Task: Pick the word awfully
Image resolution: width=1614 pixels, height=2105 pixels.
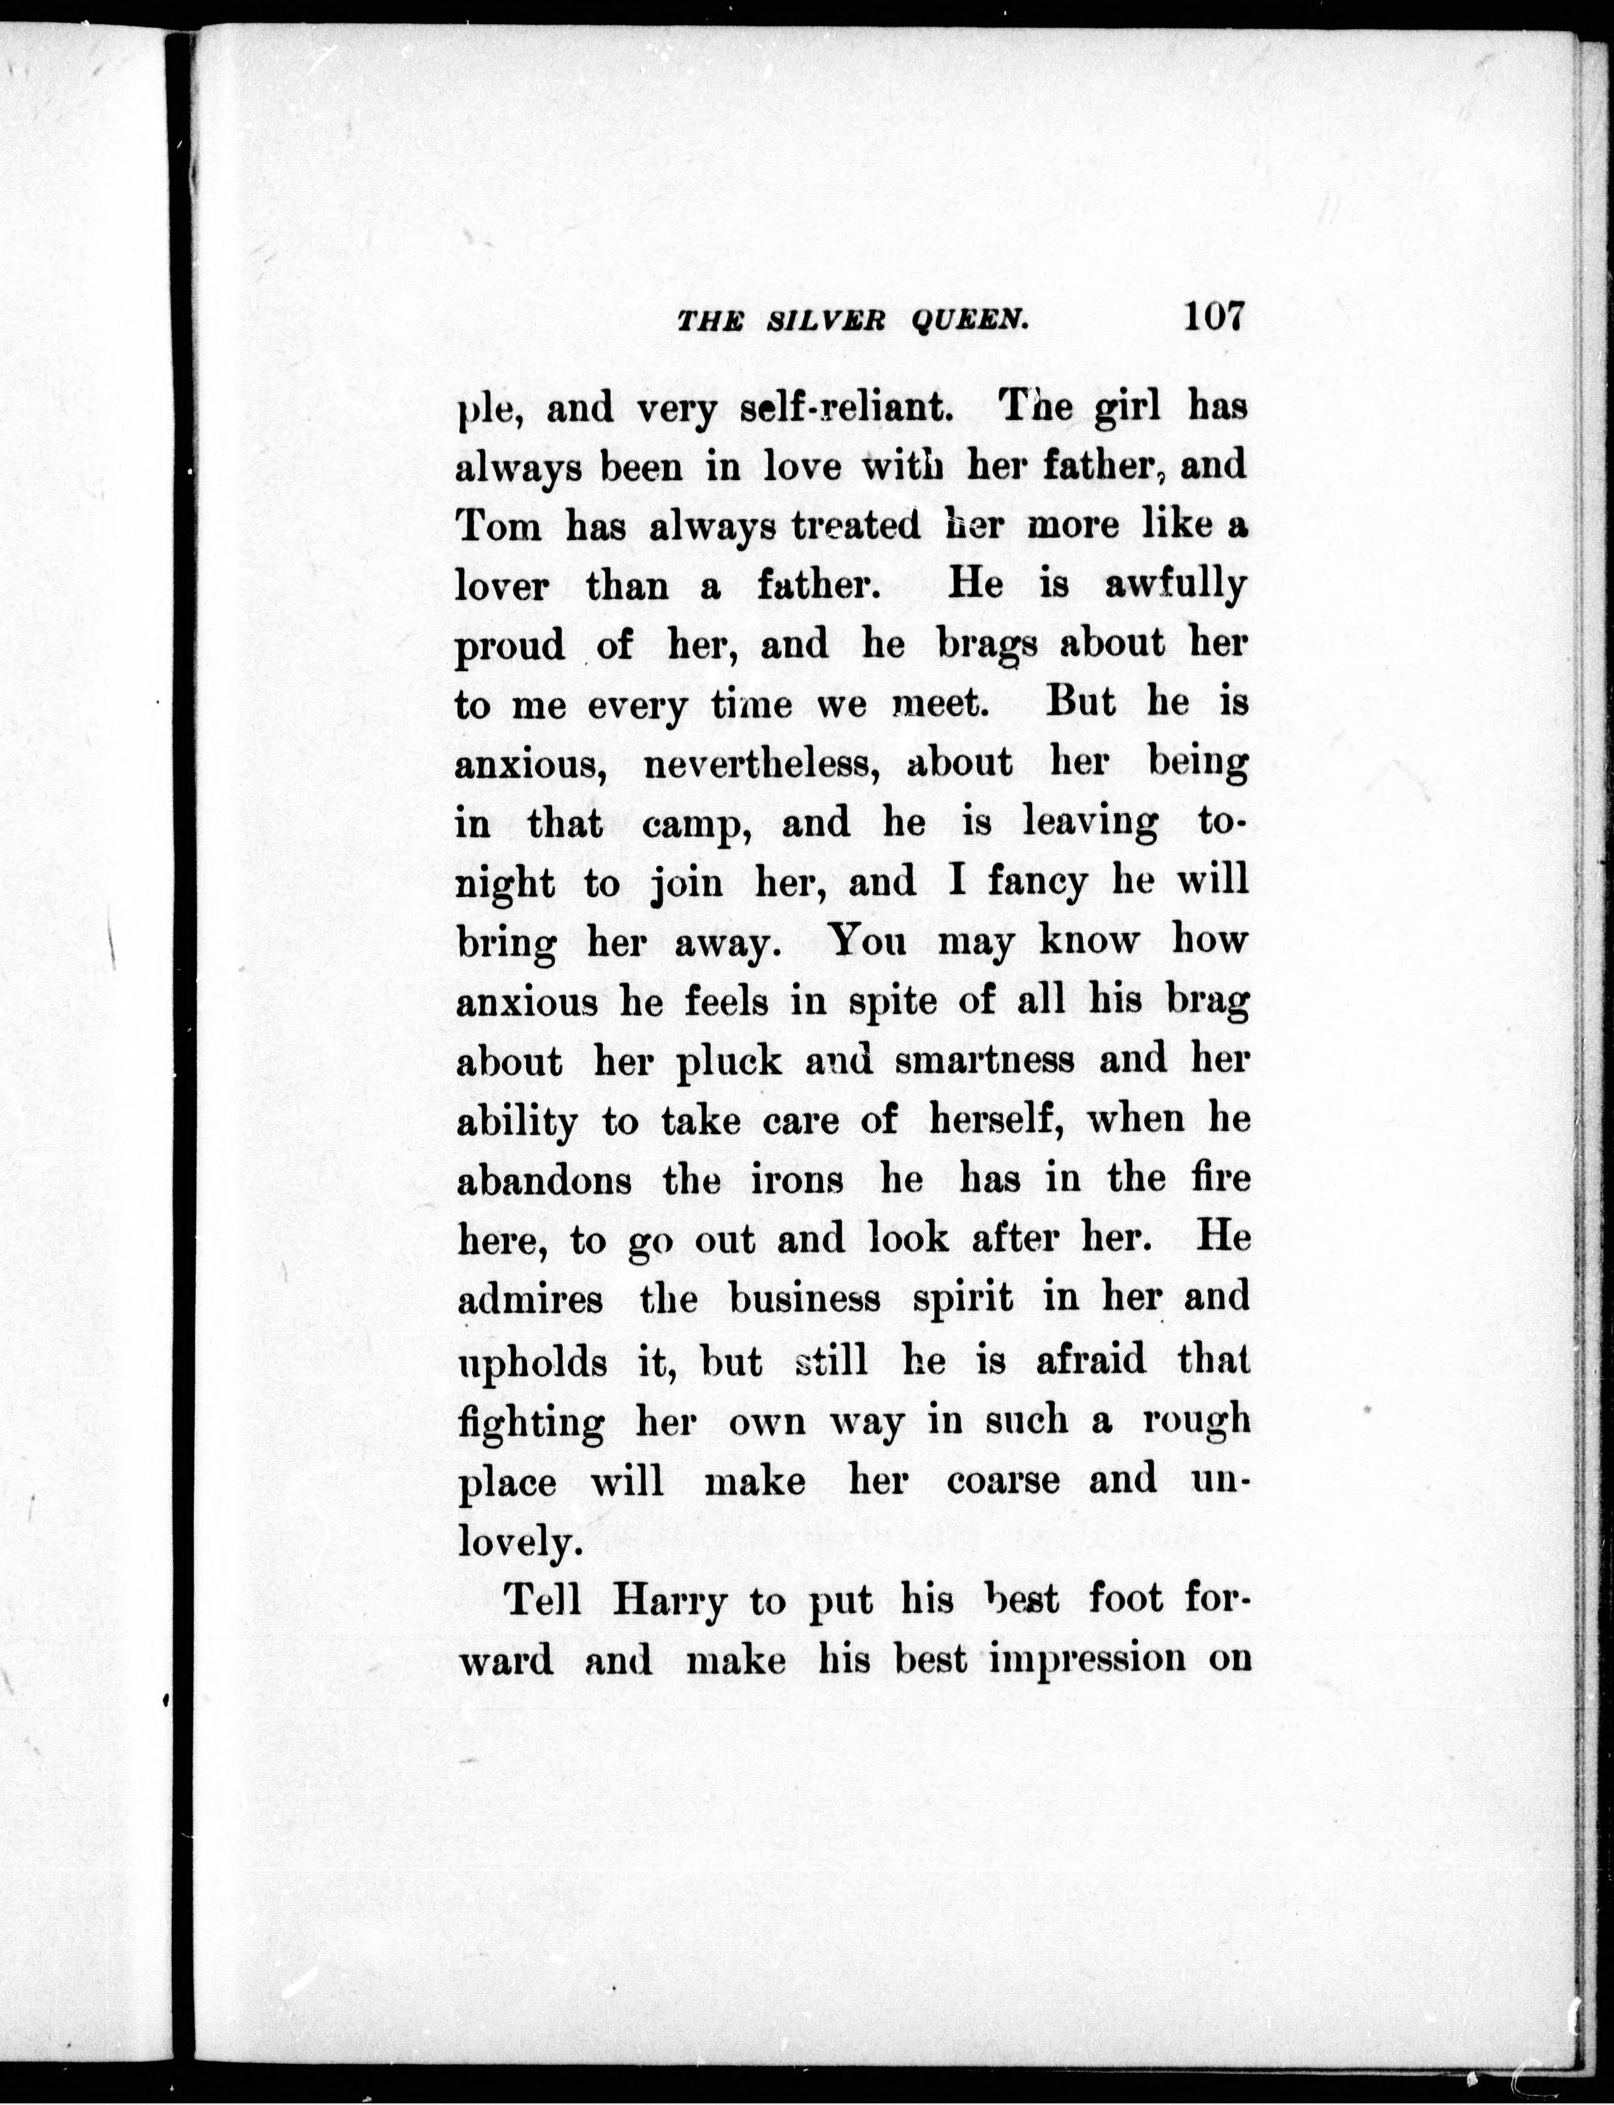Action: point(1175,585)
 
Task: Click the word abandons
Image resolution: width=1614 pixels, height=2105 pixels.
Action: point(544,1180)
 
